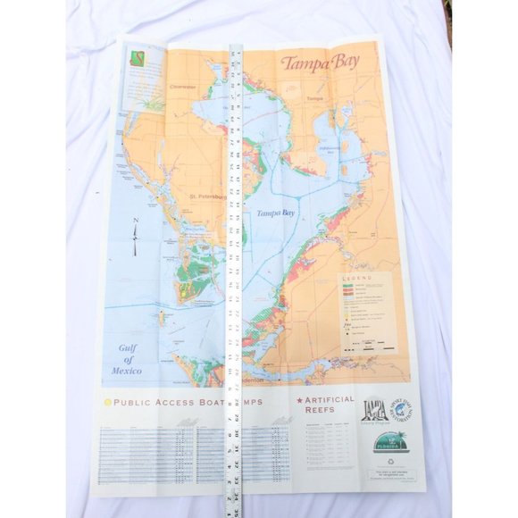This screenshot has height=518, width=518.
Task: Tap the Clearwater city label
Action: (x=181, y=87)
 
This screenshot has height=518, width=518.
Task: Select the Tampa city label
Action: (x=313, y=98)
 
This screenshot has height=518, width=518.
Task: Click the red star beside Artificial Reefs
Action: (x=299, y=400)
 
